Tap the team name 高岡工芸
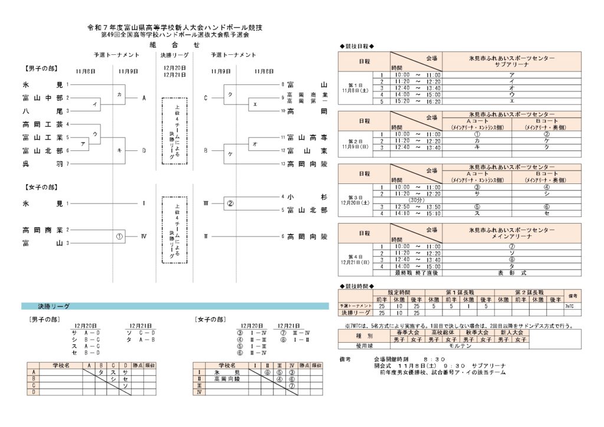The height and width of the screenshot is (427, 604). click(42, 124)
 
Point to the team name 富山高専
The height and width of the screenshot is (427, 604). click(307, 137)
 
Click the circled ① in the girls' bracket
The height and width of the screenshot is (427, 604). click(120, 237)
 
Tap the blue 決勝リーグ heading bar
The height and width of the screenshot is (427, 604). click(175, 307)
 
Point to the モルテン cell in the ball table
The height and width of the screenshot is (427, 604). click(460, 346)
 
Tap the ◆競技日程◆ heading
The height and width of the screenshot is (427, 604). click(357, 47)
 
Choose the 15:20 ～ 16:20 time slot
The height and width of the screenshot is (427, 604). click(417, 101)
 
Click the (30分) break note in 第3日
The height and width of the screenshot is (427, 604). click(417, 200)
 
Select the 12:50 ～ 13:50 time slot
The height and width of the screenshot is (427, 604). click(417, 206)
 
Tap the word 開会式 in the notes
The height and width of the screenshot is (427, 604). click(383, 366)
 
